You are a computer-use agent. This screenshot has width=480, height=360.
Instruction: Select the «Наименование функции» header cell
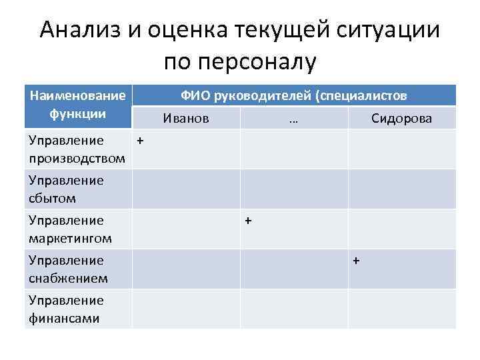click(x=78, y=105)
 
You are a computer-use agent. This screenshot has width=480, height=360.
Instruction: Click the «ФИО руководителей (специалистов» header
click(x=294, y=95)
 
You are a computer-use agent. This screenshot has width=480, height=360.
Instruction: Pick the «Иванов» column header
click(x=186, y=118)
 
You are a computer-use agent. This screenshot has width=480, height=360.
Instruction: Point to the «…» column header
click(x=293, y=119)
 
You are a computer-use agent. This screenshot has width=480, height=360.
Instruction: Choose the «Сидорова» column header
click(x=401, y=118)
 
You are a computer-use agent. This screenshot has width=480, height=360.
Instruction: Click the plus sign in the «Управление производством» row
click(x=140, y=141)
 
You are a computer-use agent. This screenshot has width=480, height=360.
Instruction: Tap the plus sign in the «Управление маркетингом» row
click(x=248, y=221)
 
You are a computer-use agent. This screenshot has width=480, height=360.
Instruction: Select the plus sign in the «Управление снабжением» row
click(x=356, y=260)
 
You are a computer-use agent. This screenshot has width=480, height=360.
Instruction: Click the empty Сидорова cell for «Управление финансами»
click(x=402, y=309)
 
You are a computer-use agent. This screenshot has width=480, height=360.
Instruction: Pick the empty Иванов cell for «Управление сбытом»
click(x=186, y=189)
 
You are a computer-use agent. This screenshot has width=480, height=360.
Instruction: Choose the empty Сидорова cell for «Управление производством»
click(x=402, y=149)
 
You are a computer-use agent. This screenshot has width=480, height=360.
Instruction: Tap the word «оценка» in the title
click(x=177, y=30)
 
